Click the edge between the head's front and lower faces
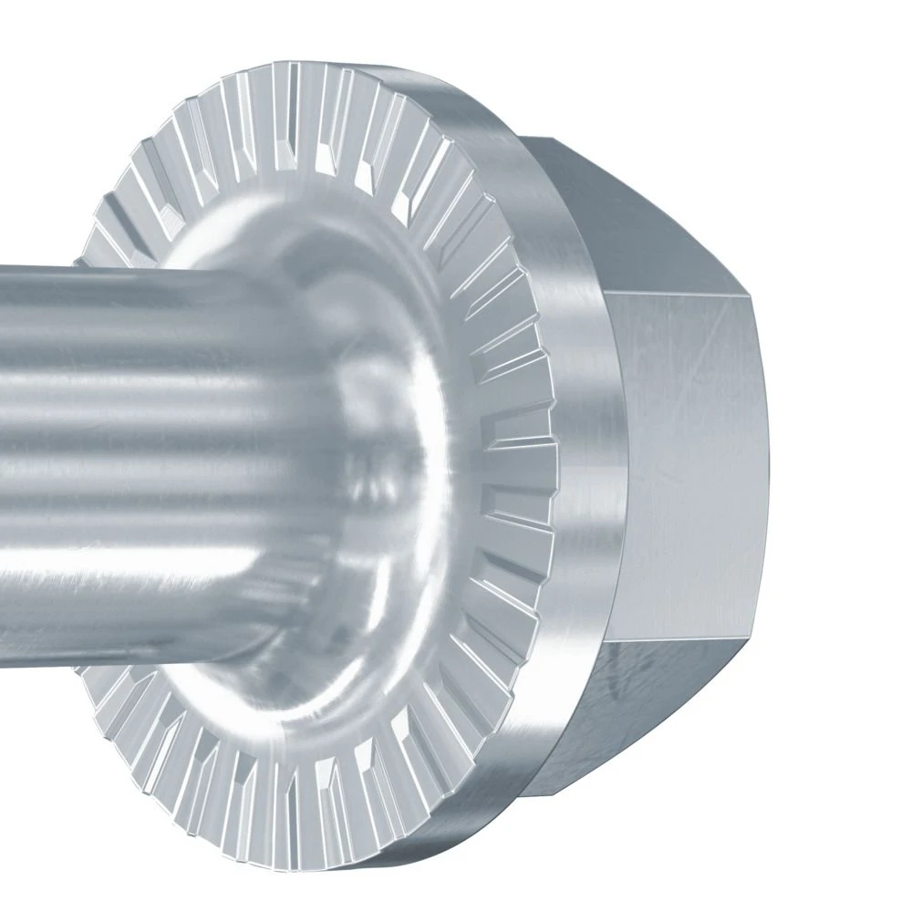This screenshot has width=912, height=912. pyautogui.click(x=684, y=640)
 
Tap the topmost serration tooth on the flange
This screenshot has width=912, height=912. pyautogui.click(x=292, y=91)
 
